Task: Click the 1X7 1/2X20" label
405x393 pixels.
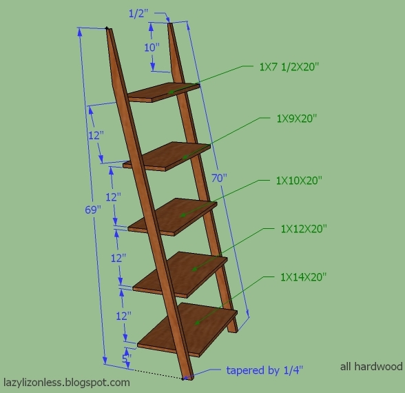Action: [x=289, y=67]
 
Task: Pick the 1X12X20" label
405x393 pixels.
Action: [x=303, y=228]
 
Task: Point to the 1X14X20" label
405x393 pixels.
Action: [x=303, y=276]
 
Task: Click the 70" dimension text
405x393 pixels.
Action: [x=220, y=177]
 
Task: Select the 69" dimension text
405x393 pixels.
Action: [x=92, y=210]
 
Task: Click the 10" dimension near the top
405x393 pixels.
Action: [x=151, y=48]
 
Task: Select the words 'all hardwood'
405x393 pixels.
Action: [x=371, y=367]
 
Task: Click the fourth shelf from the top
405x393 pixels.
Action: [x=180, y=272]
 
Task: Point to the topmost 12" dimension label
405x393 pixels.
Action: [x=96, y=135]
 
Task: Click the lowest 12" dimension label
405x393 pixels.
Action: [x=123, y=316]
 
